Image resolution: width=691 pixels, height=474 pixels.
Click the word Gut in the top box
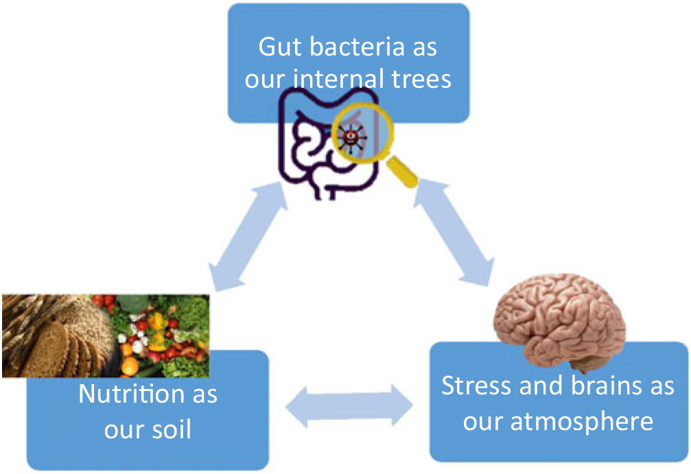(x=280, y=47)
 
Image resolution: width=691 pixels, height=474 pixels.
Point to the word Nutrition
(x=132, y=393)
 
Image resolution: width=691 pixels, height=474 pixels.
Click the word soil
(x=169, y=429)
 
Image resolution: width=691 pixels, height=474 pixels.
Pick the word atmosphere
(x=582, y=421)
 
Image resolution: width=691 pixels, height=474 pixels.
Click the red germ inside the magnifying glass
(x=351, y=137)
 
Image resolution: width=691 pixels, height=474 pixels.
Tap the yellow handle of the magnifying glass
(x=402, y=171)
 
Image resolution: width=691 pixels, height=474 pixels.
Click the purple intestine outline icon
(x=327, y=143)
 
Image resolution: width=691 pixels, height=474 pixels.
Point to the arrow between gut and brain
(x=454, y=231)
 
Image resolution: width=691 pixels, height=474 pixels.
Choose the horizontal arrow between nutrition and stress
(x=349, y=406)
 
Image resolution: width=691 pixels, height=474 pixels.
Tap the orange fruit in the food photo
(x=129, y=366)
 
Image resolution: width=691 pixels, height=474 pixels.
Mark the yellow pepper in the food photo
(x=157, y=324)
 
